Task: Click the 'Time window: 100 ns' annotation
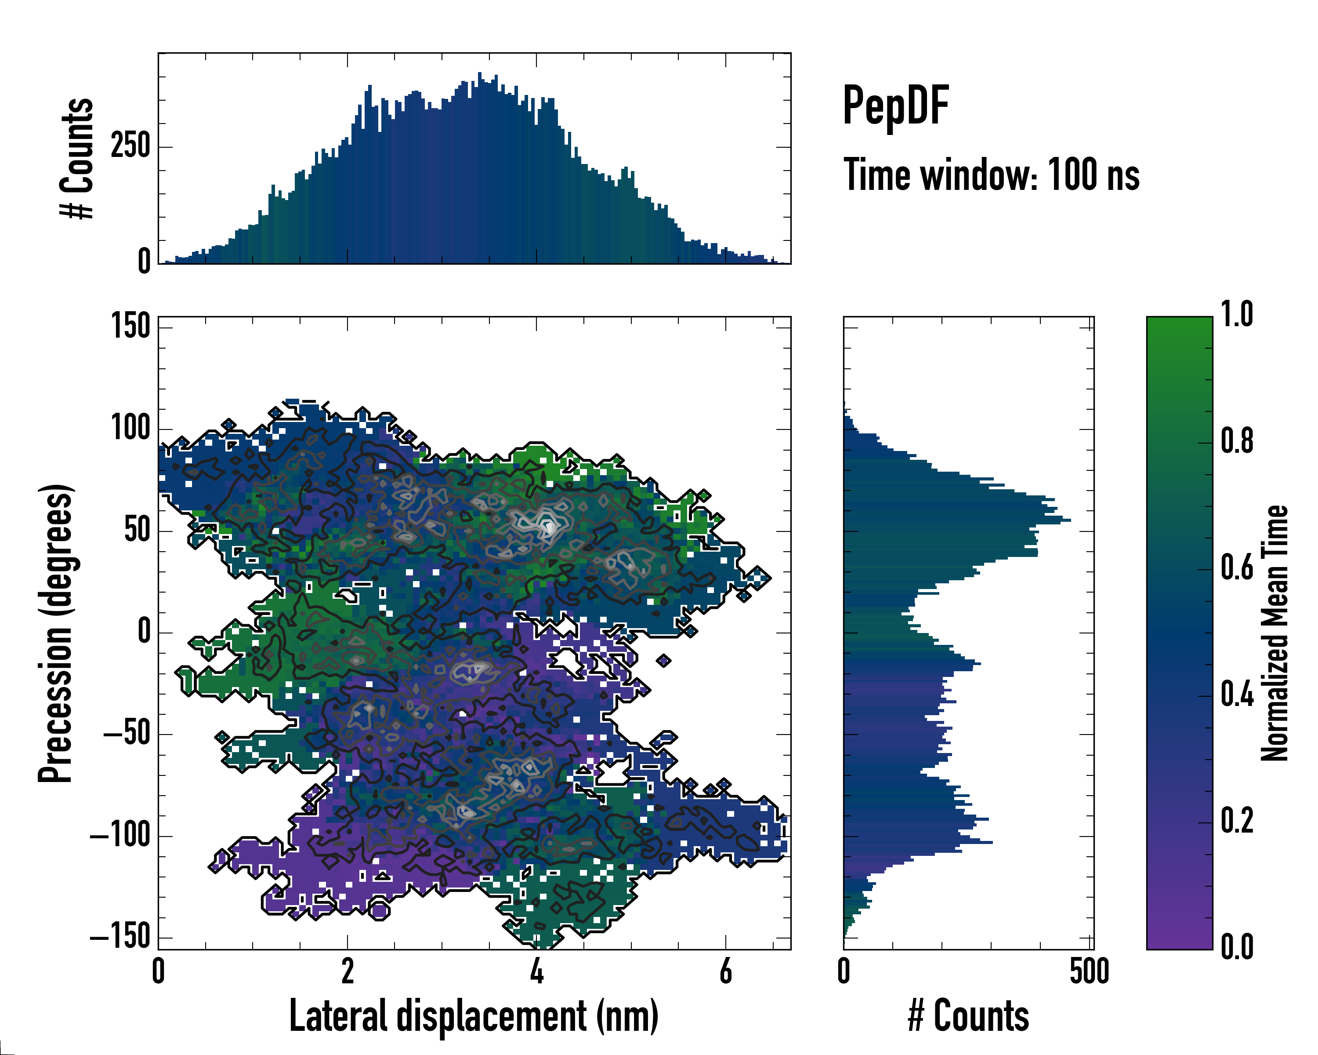pyautogui.click(x=991, y=175)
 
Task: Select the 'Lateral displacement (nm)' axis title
pyautogui.click(x=473, y=1016)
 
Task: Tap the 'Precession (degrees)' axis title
pyautogui.click(x=56, y=633)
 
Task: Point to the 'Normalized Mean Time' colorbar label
pyautogui.click(x=1275, y=633)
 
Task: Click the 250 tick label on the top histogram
pyautogui.click(x=130, y=146)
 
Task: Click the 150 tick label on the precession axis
pyautogui.click(x=130, y=326)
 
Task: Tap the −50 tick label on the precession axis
pyautogui.click(x=127, y=733)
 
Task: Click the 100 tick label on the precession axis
pyautogui.click(x=130, y=428)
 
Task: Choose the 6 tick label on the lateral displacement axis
pyautogui.click(x=726, y=971)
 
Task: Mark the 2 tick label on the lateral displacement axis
pyautogui.click(x=347, y=971)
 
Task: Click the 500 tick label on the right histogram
pyautogui.click(x=1090, y=971)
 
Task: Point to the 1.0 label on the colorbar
pyautogui.click(x=1237, y=315)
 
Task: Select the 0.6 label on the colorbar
pyautogui.click(x=1237, y=568)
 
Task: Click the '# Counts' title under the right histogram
pyautogui.click(x=968, y=1016)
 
